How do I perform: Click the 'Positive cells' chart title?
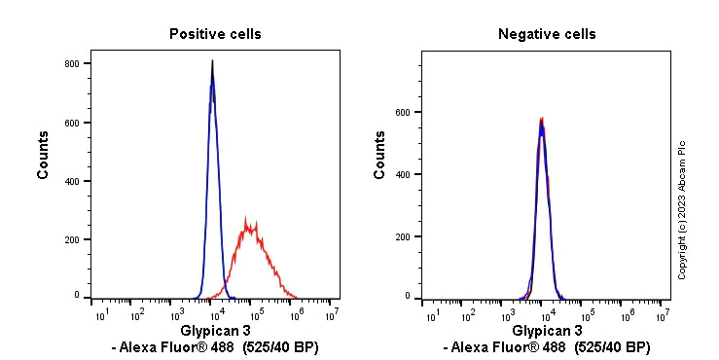pos(215,34)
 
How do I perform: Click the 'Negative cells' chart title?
pos(547,34)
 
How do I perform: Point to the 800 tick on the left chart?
pos(72,64)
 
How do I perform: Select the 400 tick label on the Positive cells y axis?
pos(72,181)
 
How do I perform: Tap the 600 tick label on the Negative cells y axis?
pos(402,112)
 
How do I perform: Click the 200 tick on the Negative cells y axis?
pos(402,236)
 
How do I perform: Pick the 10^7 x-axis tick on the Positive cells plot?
pos(333,313)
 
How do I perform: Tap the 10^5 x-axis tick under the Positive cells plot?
pos(255,313)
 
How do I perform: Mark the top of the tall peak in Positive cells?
pos(213,62)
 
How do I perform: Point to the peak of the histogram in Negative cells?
pos(541,120)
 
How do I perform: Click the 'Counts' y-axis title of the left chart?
pos(44,161)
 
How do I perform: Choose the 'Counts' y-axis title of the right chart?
pos(379,161)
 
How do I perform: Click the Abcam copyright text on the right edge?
pos(682,208)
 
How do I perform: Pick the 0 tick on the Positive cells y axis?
pos(78,295)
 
